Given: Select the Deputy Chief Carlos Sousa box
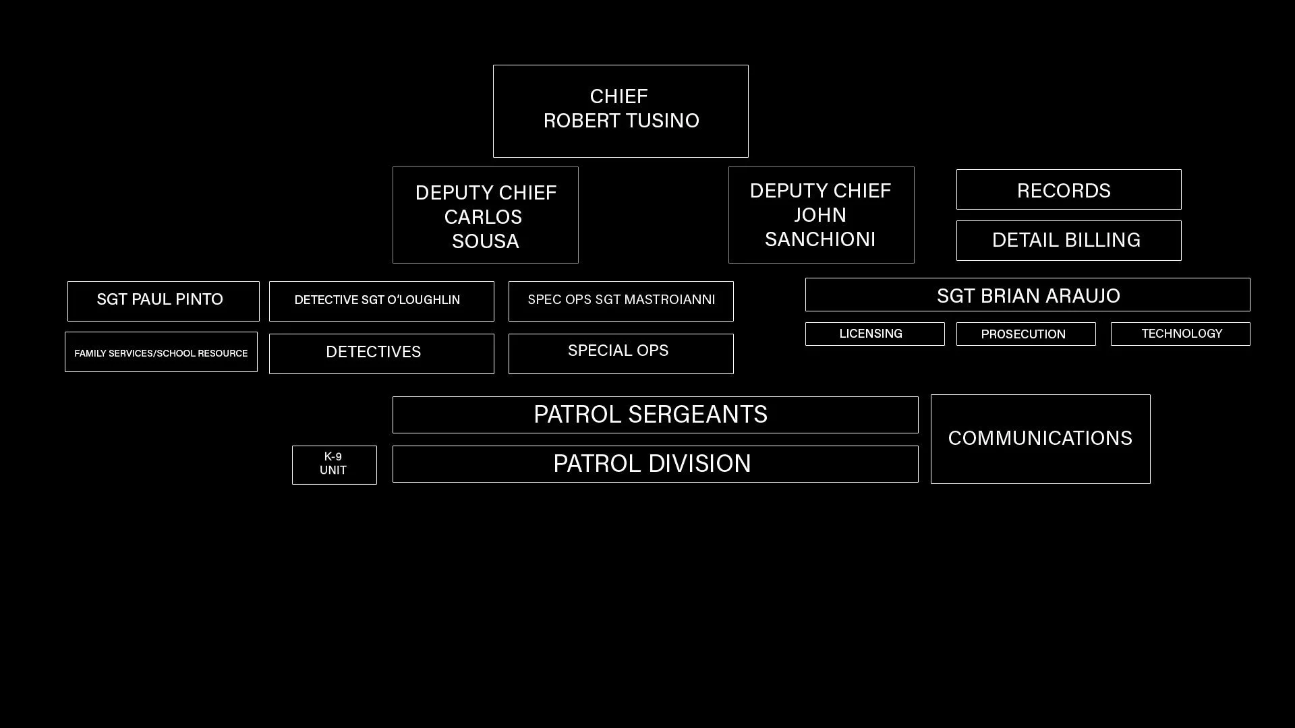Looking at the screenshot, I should click(x=486, y=216).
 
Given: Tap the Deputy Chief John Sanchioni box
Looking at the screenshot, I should click(x=821, y=215).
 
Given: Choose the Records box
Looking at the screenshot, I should click(x=1068, y=190).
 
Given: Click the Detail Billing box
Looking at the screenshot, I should click(x=1068, y=241).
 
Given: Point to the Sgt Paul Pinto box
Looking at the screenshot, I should click(x=163, y=301).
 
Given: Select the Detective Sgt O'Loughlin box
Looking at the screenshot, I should click(x=381, y=301).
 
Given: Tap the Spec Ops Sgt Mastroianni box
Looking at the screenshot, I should click(x=621, y=301).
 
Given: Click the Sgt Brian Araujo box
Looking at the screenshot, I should click(x=1027, y=295).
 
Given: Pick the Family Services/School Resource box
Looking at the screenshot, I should click(x=161, y=352).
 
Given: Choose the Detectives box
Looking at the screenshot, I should click(x=381, y=353).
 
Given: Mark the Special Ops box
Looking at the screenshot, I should click(x=621, y=353).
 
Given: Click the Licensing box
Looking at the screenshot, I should click(x=874, y=334).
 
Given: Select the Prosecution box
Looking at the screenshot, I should click(x=1025, y=334).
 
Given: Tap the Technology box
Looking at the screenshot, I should click(x=1180, y=334).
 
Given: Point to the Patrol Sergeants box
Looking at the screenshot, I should click(x=655, y=415).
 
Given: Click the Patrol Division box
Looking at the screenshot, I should click(x=655, y=464).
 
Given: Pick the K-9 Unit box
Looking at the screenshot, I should click(x=334, y=464).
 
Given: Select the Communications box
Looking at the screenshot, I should click(x=1040, y=439).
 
